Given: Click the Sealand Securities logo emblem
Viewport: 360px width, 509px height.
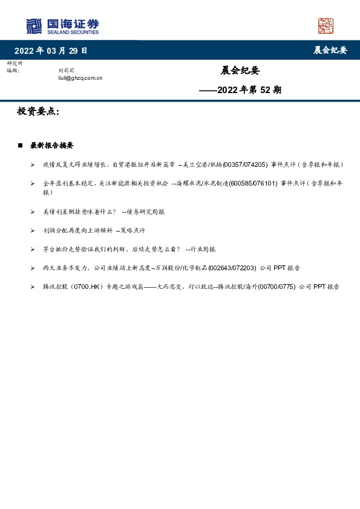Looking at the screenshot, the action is pyautogui.click(x=34, y=26).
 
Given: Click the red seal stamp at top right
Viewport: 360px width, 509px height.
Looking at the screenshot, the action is pyautogui.click(x=326, y=26).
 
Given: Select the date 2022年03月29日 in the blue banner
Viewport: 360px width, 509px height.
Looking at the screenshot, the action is pyautogui.click(x=51, y=51).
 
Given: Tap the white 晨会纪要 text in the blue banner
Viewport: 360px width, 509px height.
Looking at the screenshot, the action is pyautogui.click(x=330, y=51).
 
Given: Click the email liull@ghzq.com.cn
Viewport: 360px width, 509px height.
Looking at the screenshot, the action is pyautogui.click(x=80, y=78).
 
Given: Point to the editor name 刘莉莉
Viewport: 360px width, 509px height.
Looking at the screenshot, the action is pyautogui.click(x=66, y=71).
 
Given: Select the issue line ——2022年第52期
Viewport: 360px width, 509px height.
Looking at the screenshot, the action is pyautogui.click(x=240, y=90).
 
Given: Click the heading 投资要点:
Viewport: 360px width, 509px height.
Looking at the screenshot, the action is pyautogui.click(x=38, y=112).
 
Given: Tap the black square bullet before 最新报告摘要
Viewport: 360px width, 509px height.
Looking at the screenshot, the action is pyautogui.click(x=21, y=146).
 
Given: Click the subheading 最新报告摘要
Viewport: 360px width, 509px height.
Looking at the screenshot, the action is pyautogui.click(x=52, y=146).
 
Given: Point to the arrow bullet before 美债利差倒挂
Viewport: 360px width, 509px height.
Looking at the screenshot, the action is pyautogui.click(x=33, y=212).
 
